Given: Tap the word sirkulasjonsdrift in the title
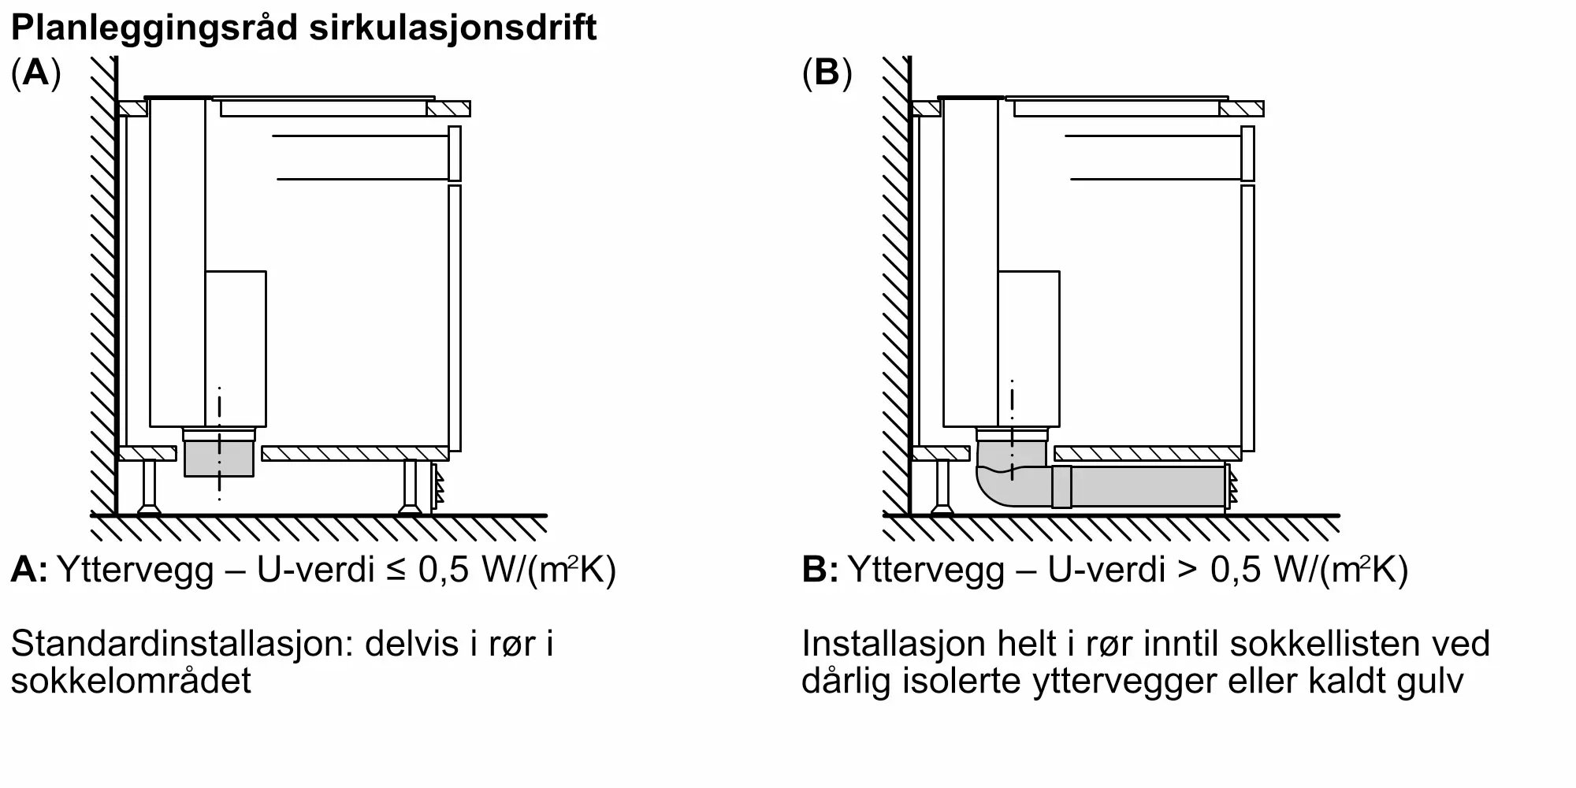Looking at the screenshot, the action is coord(453,28).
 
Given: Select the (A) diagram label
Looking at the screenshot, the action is coord(36,73).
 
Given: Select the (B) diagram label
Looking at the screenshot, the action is coord(827,73).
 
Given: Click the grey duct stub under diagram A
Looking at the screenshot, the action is coord(219,459).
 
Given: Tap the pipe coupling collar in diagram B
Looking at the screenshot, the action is coord(1061,486).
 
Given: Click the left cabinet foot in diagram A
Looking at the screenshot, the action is coord(149,488).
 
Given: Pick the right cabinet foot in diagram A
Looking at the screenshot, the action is coord(410,488).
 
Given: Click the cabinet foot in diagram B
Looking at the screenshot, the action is coord(942,488).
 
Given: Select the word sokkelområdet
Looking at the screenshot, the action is coord(131,681).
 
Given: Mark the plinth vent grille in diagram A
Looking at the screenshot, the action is coord(437,488).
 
